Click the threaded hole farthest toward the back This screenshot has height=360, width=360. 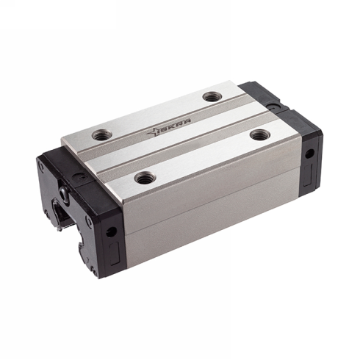pyautogui.click(x=212, y=96)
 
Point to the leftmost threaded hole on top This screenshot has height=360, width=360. pyautogui.click(x=99, y=134)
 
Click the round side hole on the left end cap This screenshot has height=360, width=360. pyautogui.click(x=111, y=230)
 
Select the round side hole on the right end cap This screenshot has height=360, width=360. pyautogui.click(x=309, y=154)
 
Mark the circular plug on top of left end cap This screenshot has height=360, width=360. pyautogui.click(x=81, y=176)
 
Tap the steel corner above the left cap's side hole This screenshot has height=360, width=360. pyautogui.click(x=122, y=206)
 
